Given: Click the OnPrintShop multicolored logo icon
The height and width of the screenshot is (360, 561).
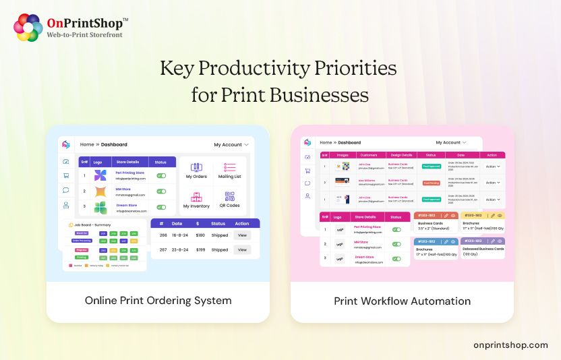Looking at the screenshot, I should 28,28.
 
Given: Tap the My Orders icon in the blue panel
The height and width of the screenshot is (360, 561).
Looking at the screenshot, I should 196,168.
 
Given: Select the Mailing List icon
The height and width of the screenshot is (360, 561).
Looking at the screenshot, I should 229,168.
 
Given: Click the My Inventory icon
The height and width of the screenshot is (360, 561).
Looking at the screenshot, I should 196,198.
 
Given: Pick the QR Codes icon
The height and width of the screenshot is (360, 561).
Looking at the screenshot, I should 229,198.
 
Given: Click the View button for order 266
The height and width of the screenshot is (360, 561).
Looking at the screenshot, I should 242,235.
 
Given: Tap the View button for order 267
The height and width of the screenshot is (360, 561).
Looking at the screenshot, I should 242,249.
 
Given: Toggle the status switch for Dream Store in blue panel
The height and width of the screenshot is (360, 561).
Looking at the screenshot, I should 161,208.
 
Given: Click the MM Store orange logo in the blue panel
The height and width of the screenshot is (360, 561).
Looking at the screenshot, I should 100,191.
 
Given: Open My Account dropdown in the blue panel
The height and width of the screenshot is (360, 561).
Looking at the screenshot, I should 231,145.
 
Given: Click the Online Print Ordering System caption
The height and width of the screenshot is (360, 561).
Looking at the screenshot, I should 158,301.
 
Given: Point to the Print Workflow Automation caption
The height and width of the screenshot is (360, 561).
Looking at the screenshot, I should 402,301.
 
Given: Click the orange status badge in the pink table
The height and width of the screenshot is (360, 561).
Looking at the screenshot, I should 431,183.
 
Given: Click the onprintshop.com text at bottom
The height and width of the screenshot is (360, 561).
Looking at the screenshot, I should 510,345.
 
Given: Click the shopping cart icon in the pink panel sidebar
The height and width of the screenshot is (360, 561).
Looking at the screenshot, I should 307,170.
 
